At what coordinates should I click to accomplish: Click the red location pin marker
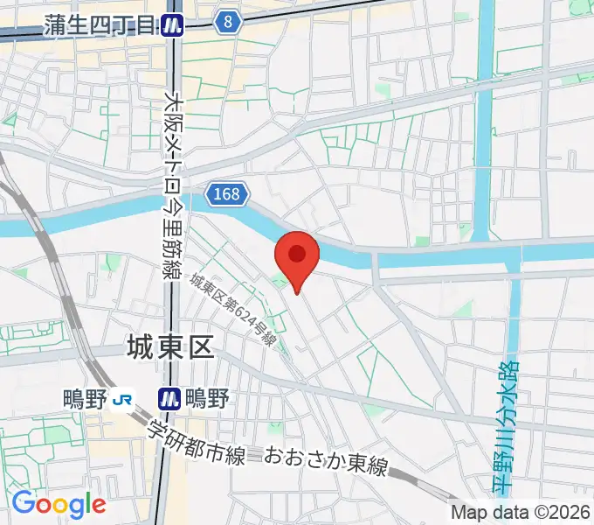click(297, 262)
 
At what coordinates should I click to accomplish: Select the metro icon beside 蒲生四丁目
click(174, 26)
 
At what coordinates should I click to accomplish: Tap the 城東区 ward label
click(169, 348)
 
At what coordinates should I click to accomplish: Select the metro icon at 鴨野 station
click(169, 400)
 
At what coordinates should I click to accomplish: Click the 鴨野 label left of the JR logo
click(85, 400)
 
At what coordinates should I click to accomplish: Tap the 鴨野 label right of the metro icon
click(208, 400)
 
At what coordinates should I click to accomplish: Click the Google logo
click(59, 504)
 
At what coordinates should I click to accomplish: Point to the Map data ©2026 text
click(521, 514)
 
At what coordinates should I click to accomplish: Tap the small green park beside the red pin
click(280, 280)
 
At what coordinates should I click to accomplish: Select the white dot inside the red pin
click(297, 253)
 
